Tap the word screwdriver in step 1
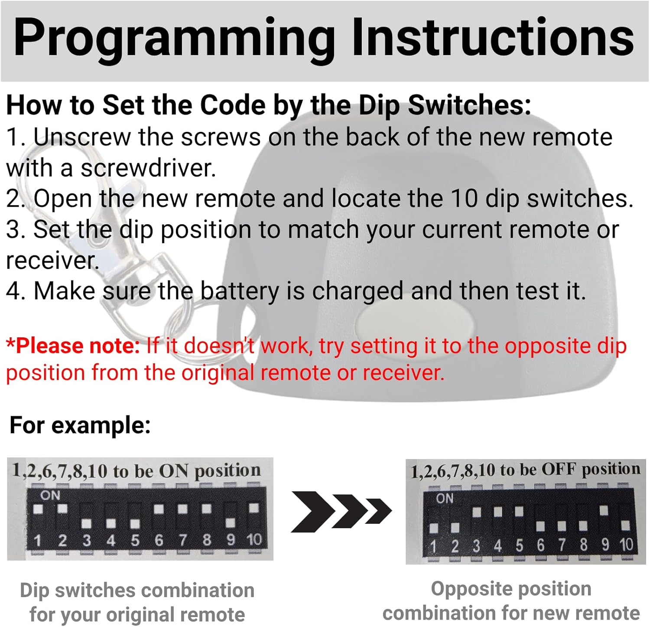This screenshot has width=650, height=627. [x=148, y=168]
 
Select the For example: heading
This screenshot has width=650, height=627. [x=80, y=425]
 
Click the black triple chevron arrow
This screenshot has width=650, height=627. [x=341, y=511]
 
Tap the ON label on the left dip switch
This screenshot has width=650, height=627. [x=50, y=495]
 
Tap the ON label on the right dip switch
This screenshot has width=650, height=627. [x=445, y=498]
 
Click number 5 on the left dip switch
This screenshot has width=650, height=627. [x=135, y=540]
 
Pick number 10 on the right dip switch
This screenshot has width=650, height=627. [x=626, y=544]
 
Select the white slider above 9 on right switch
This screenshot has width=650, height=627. [x=604, y=510]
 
